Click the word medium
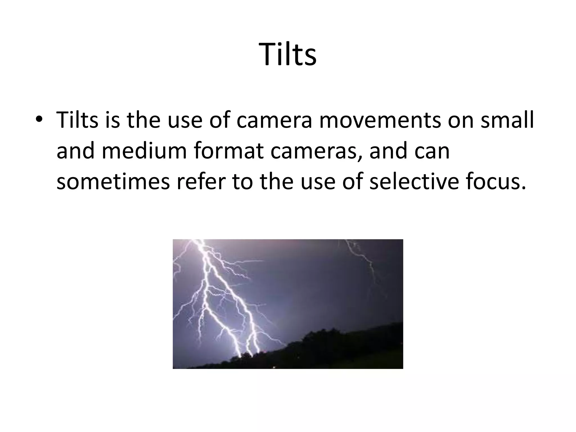pyautogui.click(x=144, y=151)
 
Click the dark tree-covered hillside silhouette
pyautogui.click(x=337, y=349)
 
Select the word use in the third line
pyautogui.click(x=318, y=182)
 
